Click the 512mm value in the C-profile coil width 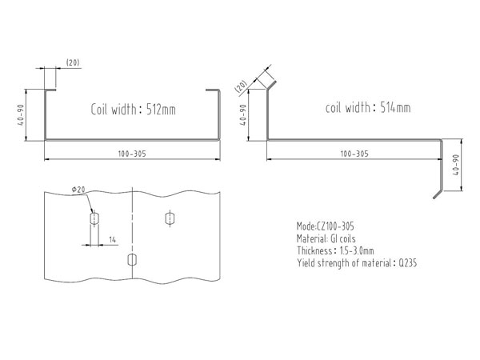pyautogui.click(x=161, y=110)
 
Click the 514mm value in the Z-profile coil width pyautogui.click(x=395, y=107)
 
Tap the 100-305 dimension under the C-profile pyautogui.click(x=132, y=154)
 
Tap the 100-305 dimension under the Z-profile pyautogui.click(x=354, y=154)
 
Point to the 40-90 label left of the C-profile pyautogui.click(x=21, y=114)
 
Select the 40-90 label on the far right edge pyautogui.click(x=456, y=165)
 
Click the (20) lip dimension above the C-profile pyautogui.click(x=73, y=62)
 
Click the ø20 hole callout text pyautogui.click(x=78, y=190)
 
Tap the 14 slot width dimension pyautogui.click(x=113, y=240)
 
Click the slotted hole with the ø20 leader pyautogui.click(x=94, y=218)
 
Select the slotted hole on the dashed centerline pyautogui.click(x=132, y=260)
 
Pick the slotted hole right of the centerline pyautogui.click(x=170, y=218)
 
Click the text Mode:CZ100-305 pyautogui.click(x=326, y=226)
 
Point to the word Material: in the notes pyautogui.click(x=312, y=238)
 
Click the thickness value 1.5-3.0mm pyautogui.click(x=357, y=251)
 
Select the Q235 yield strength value pyautogui.click(x=407, y=263)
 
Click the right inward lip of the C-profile pyautogui.click(x=212, y=90)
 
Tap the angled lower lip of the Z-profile pyautogui.click(x=438, y=194)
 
